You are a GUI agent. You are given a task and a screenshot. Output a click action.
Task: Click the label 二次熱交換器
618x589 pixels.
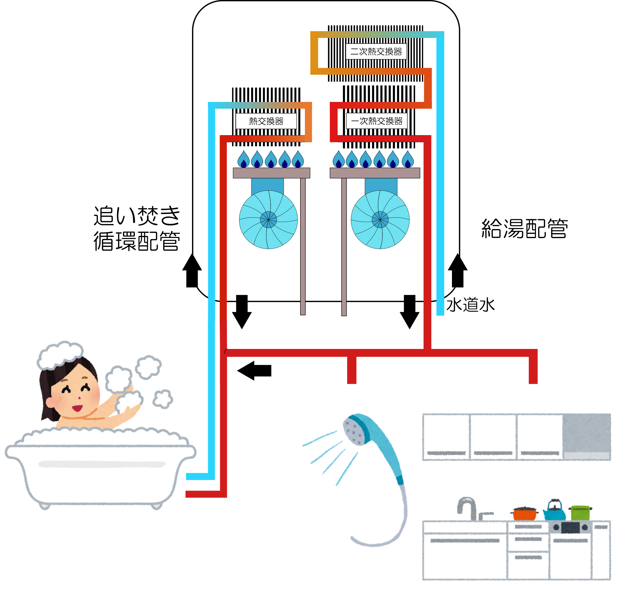click(376, 51)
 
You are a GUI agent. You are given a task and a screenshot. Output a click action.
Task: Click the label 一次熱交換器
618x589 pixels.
click(377, 121)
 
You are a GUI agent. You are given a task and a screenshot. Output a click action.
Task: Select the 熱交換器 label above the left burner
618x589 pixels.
click(266, 121)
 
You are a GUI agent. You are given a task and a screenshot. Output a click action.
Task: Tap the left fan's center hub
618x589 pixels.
click(268, 220)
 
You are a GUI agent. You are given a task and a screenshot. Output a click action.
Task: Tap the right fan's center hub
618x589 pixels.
click(380, 220)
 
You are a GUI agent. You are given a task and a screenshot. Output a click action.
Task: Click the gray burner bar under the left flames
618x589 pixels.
click(271, 173)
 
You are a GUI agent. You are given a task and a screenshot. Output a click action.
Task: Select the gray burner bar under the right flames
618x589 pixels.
click(375, 173)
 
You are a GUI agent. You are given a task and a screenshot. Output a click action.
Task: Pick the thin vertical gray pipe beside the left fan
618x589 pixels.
click(303, 246)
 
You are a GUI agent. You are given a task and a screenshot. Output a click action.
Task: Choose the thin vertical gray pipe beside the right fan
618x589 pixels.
click(344, 246)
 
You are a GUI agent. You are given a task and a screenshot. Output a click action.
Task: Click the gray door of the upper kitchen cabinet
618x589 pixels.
click(587, 436)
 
